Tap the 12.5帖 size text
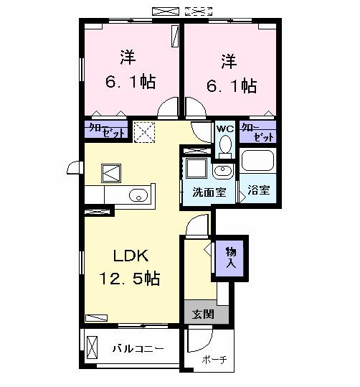[x=129, y=278]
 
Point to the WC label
[x=224, y=129]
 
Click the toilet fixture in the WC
[x=225, y=146]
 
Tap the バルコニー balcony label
[x=138, y=349]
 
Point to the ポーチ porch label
[x=214, y=360]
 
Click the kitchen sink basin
[x=138, y=195]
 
